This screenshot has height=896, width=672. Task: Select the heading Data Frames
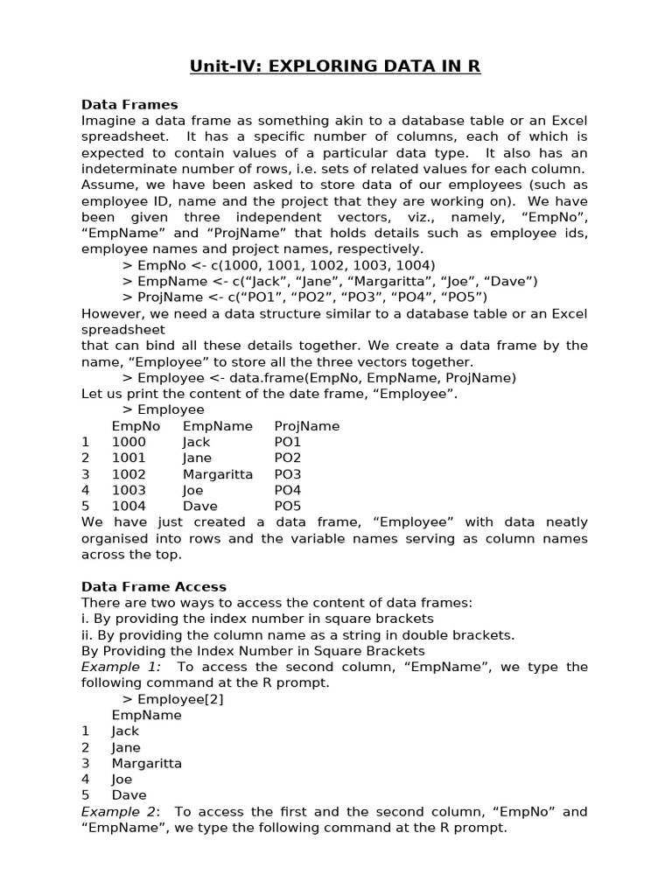click(x=129, y=105)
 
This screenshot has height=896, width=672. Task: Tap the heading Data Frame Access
click(x=154, y=586)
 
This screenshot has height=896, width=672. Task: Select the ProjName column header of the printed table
click(x=307, y=426)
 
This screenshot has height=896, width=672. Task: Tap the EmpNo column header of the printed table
click(x=136, y=426)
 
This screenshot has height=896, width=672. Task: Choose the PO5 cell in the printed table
click(x=288, y=506)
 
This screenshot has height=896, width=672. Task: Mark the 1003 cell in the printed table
click(x=129, y=490)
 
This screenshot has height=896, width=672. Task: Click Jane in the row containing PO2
click(x=198, y=458)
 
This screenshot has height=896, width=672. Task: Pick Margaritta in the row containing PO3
click(x=218, y=474)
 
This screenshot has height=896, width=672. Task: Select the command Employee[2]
click(x=178, y=699)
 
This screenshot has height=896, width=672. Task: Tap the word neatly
click(x=567, y=522)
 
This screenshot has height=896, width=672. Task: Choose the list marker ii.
click(x=87, y=634)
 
